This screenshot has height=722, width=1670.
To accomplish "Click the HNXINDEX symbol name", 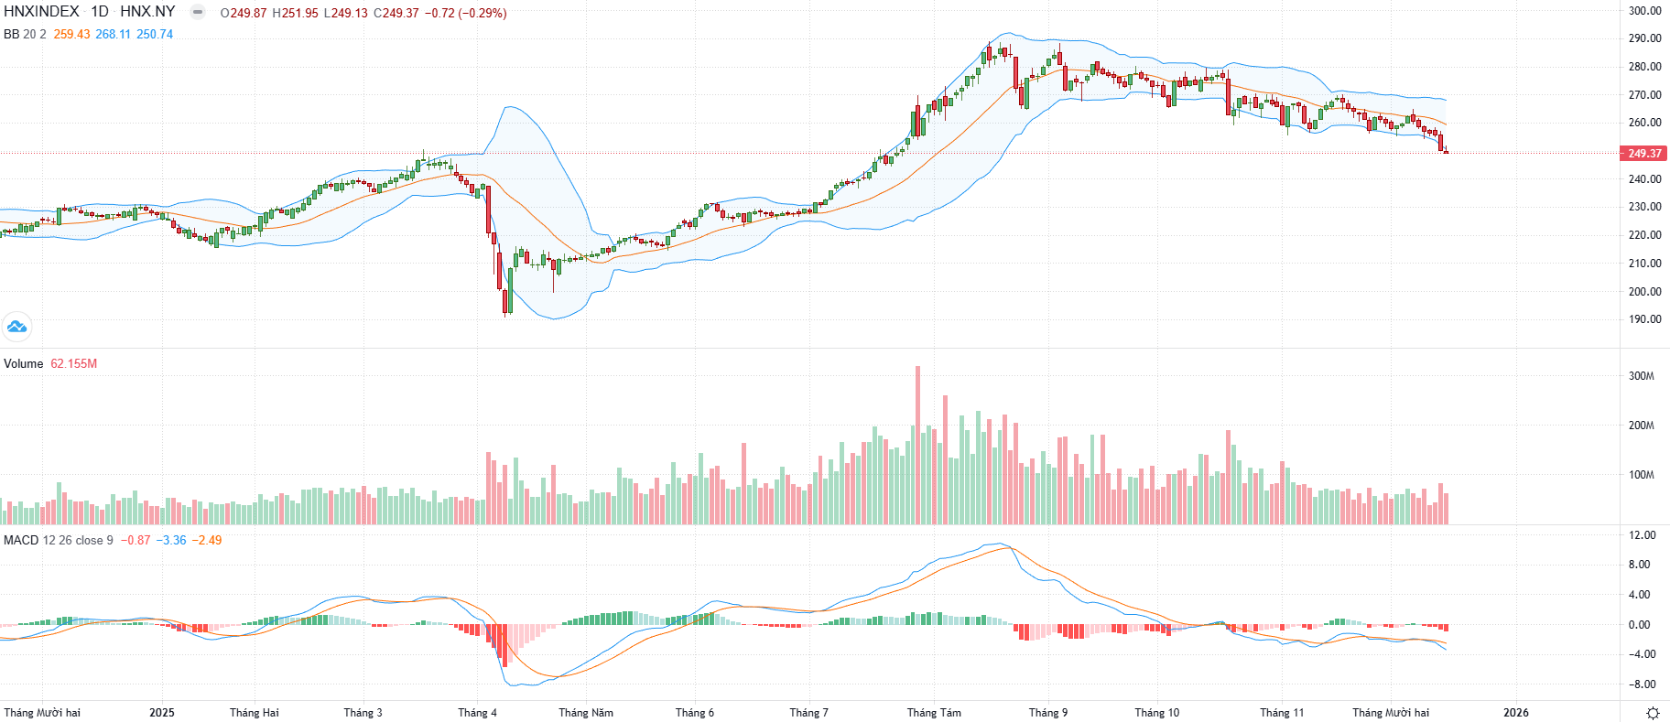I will click(41, 12).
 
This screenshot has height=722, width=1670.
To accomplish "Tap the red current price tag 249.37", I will click(1644, 153).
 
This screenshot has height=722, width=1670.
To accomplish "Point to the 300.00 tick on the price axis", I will click(1644, 11).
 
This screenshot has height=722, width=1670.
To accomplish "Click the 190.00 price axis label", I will click(1644, 319).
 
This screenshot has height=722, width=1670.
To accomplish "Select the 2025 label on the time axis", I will click(162, 713).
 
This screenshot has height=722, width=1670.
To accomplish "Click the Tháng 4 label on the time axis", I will click(477, 713).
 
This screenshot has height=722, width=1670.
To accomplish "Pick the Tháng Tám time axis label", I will click(934, 713).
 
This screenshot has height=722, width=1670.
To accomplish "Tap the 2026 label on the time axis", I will click(1516, 713).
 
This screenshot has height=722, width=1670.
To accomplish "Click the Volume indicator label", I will click(24, 364).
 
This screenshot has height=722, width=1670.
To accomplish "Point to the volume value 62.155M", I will click(74, 364).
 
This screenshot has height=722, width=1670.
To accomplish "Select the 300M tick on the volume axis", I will click(1641, 376).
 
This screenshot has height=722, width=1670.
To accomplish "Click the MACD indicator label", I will click(21, 541).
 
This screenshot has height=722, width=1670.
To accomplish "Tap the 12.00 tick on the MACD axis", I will click(1643, 535).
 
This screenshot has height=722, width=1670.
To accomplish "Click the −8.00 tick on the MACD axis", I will click(1641, 684).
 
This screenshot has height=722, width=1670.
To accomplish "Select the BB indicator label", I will click(12, 34).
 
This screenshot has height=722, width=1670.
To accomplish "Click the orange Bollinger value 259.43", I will click(71, 34).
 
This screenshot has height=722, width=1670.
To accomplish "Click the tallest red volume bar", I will click(918, 445).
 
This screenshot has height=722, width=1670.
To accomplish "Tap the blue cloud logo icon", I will click(16, 326).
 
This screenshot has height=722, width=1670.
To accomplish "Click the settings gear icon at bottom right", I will click(1653, 713).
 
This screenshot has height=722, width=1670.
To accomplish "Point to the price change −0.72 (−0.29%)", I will click(465, 13).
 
